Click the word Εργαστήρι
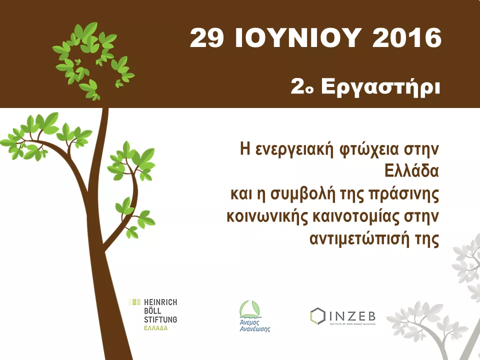click(380, 87)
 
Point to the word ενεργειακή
click(293, 149)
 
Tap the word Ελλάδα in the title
click(411, 171)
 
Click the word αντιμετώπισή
click(359, 239)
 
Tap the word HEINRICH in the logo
click(160, 302)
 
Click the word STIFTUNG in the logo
click(160, 319)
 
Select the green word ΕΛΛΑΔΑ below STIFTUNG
click(156, 328)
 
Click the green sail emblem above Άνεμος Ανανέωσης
click(250, 309)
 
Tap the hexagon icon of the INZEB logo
click(317, 316)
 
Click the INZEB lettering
click(352, 316)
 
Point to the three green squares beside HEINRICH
click(134, 302)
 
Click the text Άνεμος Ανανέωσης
click(254, 326)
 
